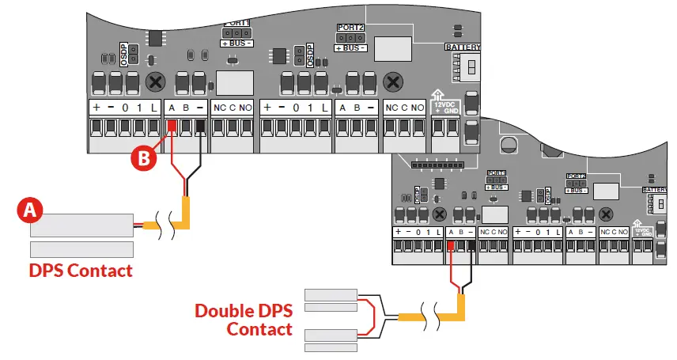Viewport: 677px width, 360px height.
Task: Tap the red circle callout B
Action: (142, 157)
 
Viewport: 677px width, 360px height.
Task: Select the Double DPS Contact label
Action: (244, 319)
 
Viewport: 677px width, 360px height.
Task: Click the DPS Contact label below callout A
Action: (80, 271)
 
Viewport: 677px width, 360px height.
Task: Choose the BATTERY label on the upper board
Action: (463, 47)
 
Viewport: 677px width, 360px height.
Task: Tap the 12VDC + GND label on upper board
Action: (446, 106)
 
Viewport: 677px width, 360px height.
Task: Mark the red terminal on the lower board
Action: (451, 247)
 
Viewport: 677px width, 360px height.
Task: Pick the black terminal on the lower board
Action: (471, 247)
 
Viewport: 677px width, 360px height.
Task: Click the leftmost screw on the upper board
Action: (157, 81)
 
